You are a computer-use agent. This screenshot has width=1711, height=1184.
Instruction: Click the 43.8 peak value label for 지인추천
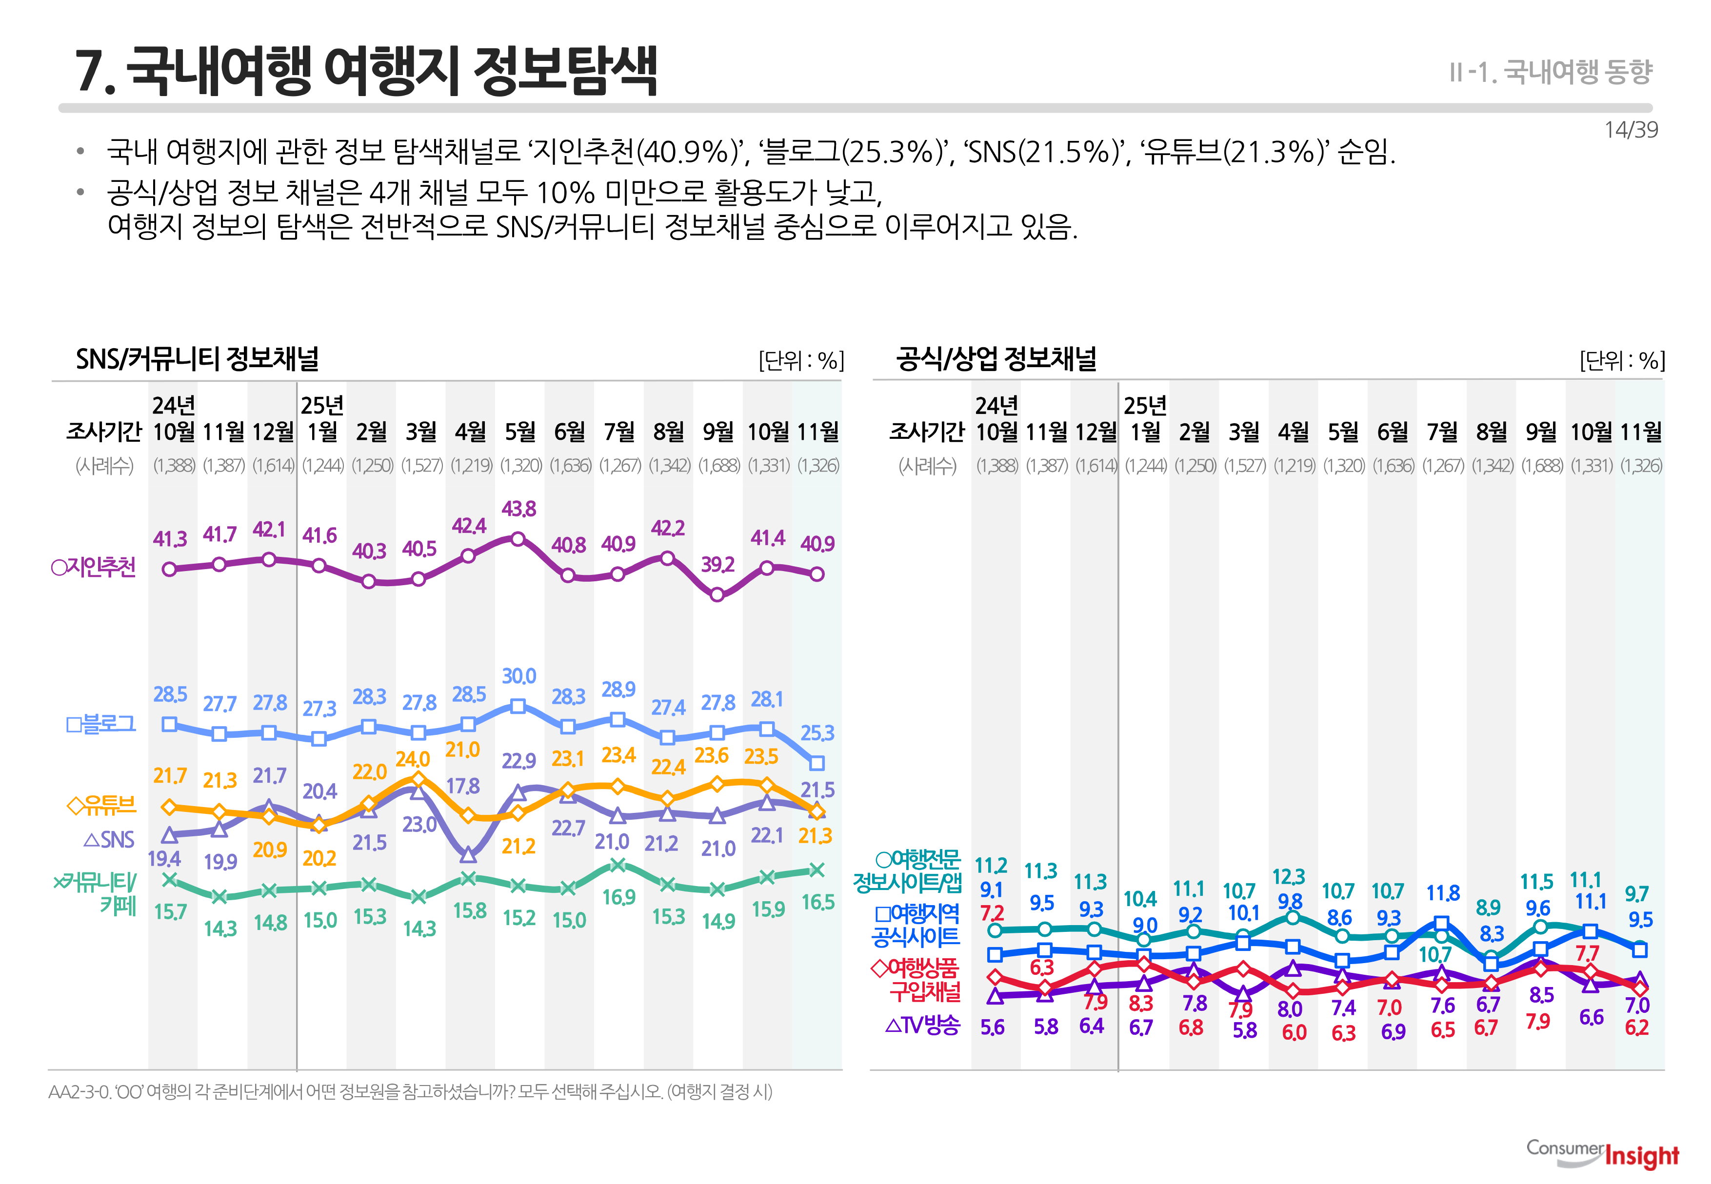click(x=518, y=509)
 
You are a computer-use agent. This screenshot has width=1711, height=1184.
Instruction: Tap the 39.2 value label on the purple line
click(x=717, y=565)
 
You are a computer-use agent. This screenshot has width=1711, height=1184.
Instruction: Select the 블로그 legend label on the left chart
click(x=101, y=723)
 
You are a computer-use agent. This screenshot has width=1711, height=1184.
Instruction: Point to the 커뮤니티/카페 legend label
click(x=97, y=893)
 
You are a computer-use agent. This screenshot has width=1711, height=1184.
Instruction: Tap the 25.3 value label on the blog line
click(x=817, y=733)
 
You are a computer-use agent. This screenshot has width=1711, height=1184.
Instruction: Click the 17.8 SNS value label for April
click(x=463, y=786)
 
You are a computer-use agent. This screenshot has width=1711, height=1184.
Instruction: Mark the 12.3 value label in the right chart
click(x=1289, y=877)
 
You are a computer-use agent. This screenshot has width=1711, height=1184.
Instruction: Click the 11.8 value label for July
click(x=1442, y=893)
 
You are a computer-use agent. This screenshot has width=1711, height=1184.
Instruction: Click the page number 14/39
click(x=1630, y=130)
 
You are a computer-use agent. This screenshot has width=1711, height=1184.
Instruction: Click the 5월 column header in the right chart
click(x=1343, y=431)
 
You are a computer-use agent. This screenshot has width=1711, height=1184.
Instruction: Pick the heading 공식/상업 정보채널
click(x=996, y=359)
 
